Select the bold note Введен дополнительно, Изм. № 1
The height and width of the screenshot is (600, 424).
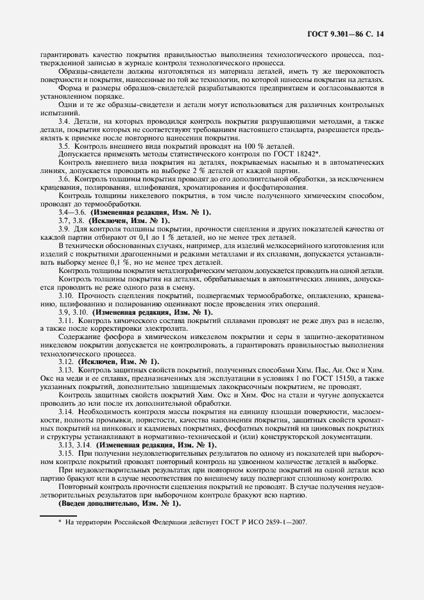(x=119, y=503)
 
